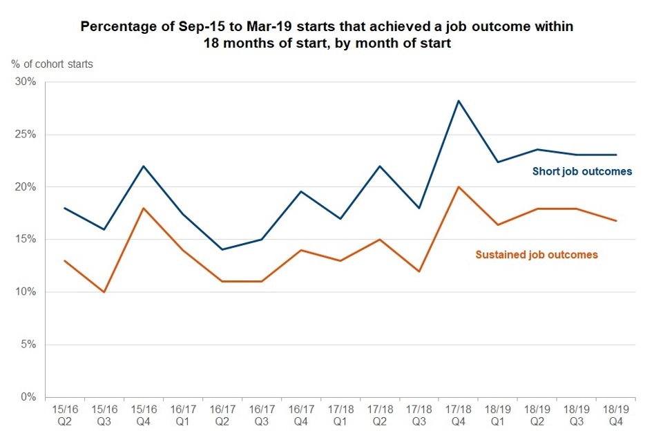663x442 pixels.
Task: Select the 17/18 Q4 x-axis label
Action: [458, 415]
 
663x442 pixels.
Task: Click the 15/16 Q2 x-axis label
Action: [64, 415]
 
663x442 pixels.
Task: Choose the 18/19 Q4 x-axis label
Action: [615, 415]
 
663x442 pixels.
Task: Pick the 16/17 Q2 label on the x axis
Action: [222, 415]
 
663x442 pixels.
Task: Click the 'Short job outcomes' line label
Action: [582, 171]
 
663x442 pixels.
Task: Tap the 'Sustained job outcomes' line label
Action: [537, 255]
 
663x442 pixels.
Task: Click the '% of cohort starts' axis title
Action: [52, 64]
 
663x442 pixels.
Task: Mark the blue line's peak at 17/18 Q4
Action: [458, 101]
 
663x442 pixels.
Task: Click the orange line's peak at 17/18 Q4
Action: [458, 187]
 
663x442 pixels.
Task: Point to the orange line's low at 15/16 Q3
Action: [104, 292]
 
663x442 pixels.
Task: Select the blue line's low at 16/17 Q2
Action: [222, 249]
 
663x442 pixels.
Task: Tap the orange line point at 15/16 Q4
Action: [143, 208]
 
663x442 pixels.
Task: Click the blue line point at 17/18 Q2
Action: [379, 166]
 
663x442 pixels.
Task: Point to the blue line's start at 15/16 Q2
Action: [64, 208]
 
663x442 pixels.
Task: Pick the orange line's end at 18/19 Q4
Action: [615, 221]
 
